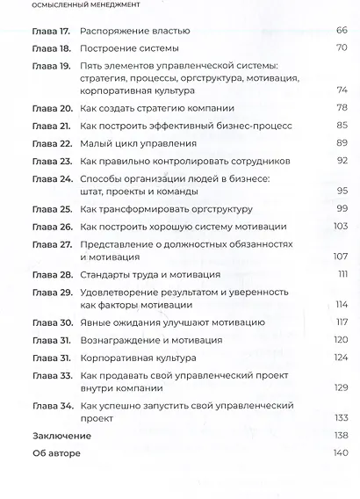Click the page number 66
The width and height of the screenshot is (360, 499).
(342, 31)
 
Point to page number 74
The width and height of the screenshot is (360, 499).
(342, 90)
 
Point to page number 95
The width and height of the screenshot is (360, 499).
(342, 191)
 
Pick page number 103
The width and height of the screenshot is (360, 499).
(340, 226)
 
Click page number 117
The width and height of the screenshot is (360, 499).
(341, 322)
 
